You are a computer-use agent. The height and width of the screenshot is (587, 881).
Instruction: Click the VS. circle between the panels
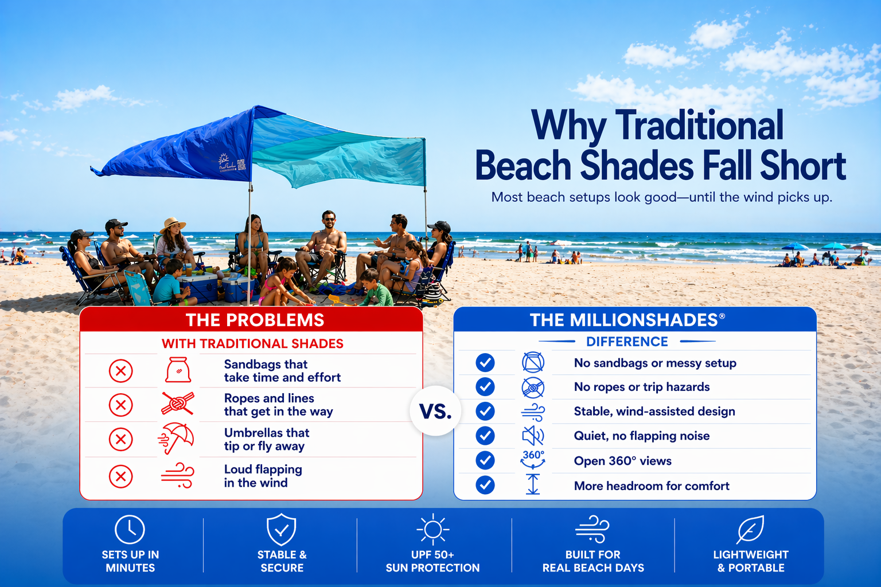(x=435, y=411)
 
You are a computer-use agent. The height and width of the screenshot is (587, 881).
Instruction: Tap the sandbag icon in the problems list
(x=178, y=370)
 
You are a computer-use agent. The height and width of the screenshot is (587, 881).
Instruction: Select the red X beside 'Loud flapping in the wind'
(x=121, y=476)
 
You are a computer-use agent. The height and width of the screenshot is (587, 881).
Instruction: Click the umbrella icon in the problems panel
(x=177, y=439)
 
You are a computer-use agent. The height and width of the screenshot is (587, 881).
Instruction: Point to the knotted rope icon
(x=178, y=404)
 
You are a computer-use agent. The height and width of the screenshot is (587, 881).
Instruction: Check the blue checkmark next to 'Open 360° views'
(x=485, y=460)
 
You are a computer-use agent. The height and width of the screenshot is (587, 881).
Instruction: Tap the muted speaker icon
(x=533, y=436)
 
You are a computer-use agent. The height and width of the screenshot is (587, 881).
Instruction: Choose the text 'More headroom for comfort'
(x=652, y=486)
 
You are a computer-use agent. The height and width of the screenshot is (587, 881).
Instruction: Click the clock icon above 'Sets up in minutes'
(x=130, y=529)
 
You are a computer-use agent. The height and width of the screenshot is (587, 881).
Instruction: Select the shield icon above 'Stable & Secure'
(x=282, y=529)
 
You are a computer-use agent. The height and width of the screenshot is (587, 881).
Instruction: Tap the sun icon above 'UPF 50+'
(x=432, y=529)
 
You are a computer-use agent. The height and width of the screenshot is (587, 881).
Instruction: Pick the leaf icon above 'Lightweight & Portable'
(x=750, y=529)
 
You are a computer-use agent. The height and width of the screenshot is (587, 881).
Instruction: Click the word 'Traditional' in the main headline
(x=699, y=126)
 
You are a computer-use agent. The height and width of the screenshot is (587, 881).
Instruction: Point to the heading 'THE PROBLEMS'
(x=255, y=320)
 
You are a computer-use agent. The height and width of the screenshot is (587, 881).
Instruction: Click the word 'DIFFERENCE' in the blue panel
(x=627, y=342)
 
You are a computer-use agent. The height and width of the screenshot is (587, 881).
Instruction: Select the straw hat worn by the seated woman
(x=172, y=224)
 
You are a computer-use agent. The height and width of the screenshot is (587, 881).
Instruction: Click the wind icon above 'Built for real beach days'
(x=592, y=529)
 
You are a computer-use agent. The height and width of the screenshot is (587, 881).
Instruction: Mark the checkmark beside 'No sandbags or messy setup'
(x=485, y=363)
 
